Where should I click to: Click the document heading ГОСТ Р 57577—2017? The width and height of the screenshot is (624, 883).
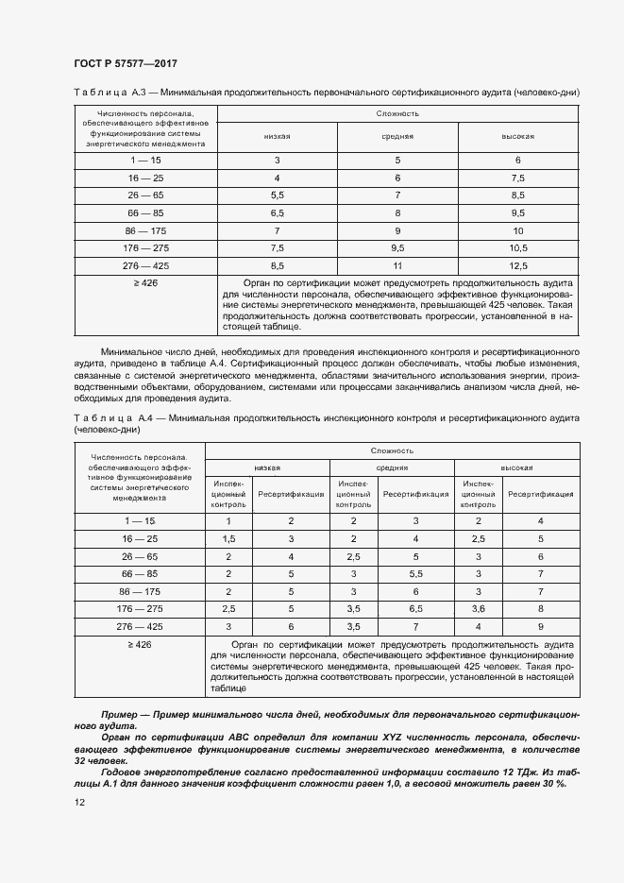[125, 63]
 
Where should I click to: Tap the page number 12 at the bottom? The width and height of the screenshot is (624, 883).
[78, 802]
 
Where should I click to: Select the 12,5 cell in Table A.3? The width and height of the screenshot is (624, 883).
[517, 266]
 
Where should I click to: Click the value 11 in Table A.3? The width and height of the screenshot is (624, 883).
[397, 266]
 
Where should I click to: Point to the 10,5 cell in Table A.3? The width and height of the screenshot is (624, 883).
[517, 248]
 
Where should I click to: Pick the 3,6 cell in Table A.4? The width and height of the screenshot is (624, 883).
[479, 608]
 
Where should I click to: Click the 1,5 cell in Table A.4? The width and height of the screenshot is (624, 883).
[228, 537]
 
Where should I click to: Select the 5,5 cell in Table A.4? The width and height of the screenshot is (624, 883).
[415, 573]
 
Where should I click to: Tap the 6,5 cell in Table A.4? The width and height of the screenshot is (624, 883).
[415, 608]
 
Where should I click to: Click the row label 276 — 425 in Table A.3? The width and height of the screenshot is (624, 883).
[145, 266]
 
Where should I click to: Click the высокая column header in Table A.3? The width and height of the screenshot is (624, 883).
[517, 136]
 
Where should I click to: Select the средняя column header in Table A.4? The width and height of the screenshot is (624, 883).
[392, 467]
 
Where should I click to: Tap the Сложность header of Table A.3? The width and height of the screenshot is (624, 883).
[397, 113]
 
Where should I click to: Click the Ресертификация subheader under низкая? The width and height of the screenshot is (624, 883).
[291, 493]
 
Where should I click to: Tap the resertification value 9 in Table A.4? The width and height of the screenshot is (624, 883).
[540, 626]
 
